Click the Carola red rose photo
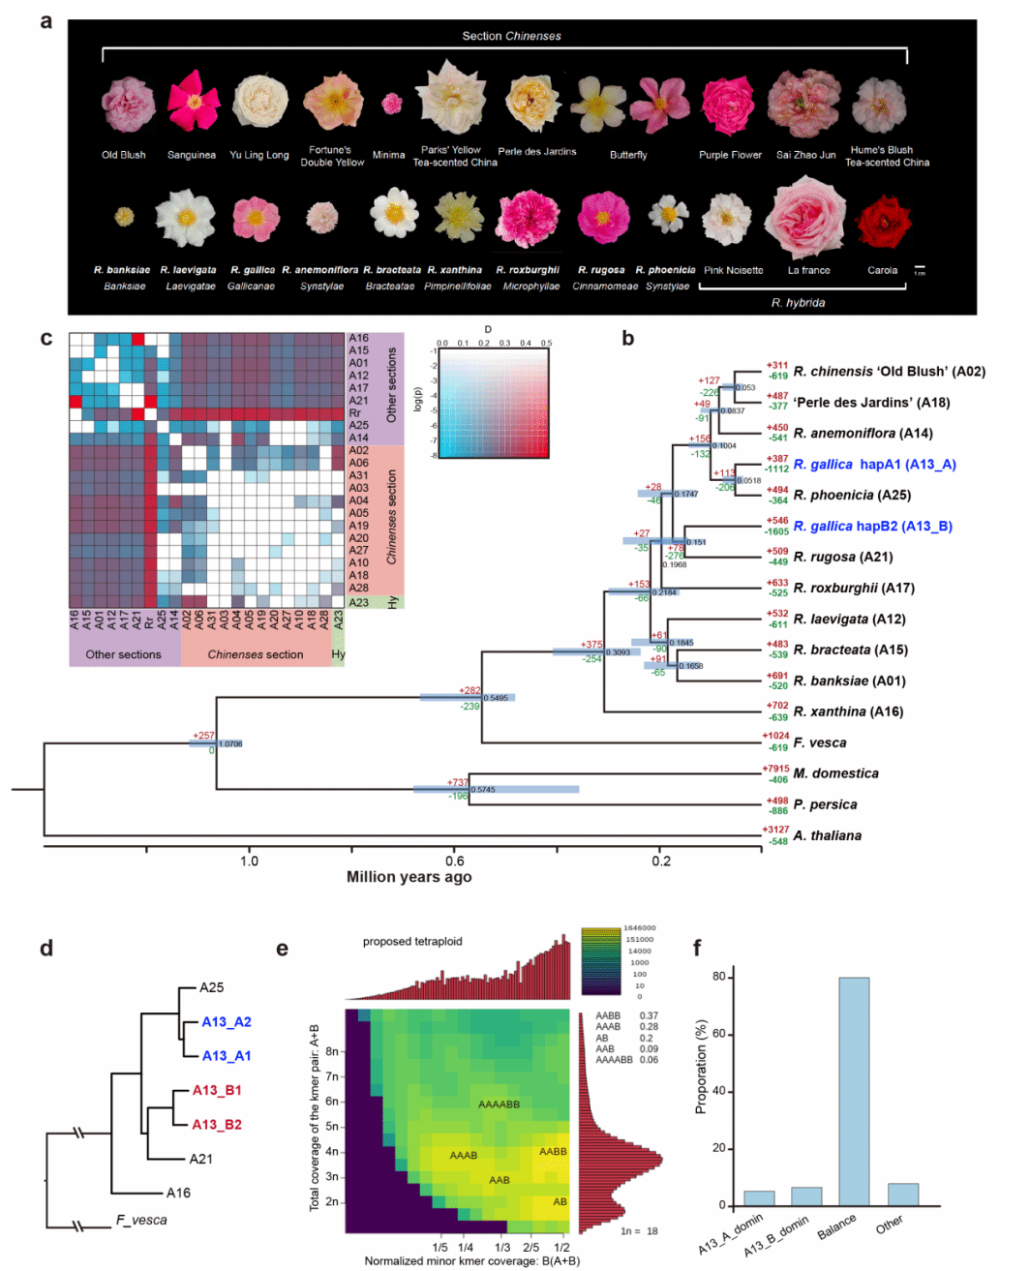point(882,221)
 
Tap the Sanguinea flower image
point(193,102)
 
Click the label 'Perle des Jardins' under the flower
point(536,152)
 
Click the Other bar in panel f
point(902,1195)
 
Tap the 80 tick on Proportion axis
point(718,977)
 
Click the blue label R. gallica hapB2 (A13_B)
point(872,527)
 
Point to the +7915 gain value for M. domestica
point(775,769)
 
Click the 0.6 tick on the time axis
point(455,861)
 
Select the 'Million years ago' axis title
point(409,877)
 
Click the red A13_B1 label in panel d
point(217,1091)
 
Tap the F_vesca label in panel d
point(141,1220)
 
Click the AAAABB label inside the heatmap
point(499,1105)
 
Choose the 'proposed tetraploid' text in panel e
point(412,941)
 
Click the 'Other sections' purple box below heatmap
point(124,654)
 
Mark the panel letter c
point(46,338)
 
